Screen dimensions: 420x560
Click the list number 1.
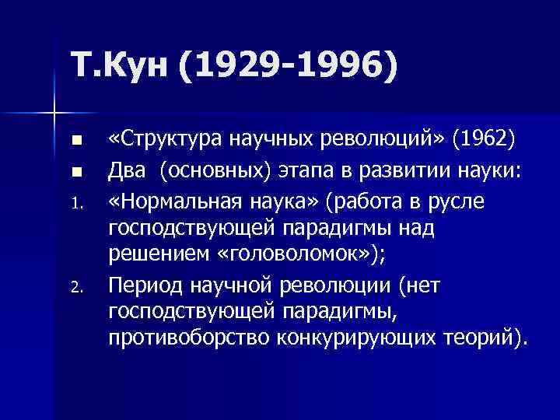75,203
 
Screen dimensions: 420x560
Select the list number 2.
75,289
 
